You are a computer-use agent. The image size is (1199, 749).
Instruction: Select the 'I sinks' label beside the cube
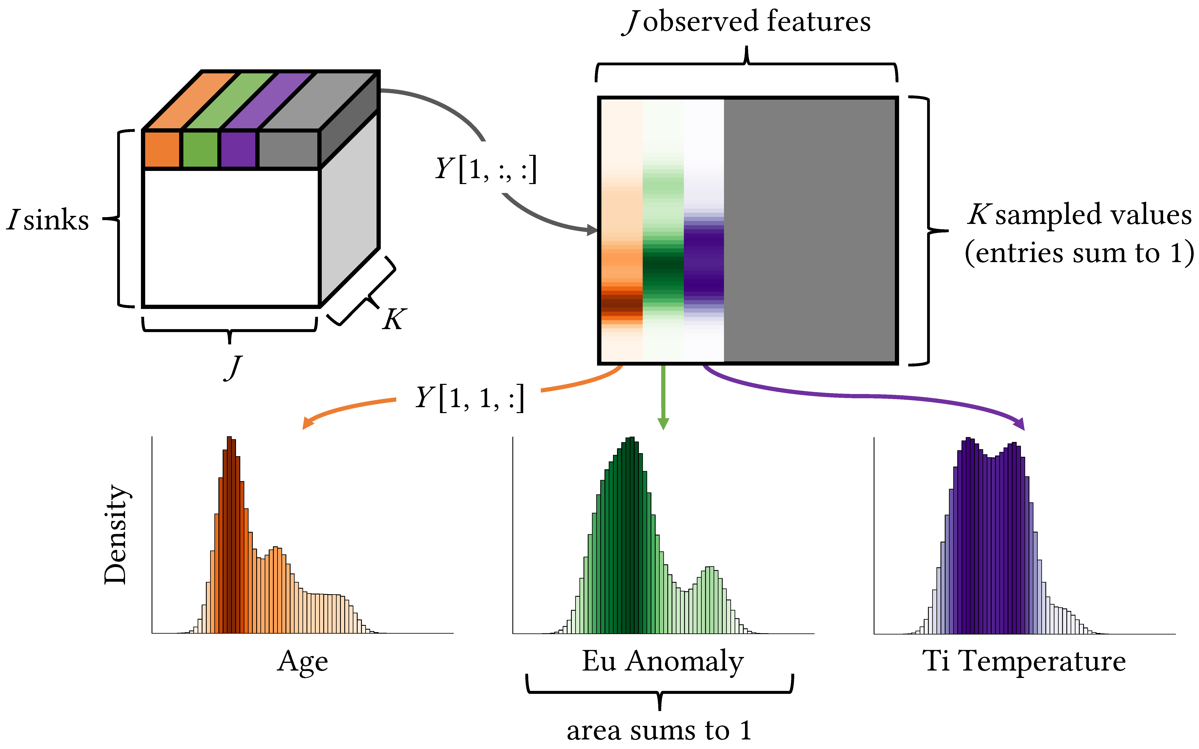48,220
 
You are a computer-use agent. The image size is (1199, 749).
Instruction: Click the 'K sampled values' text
1080,215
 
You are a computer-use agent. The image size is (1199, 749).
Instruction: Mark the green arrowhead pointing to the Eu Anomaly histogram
663,423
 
